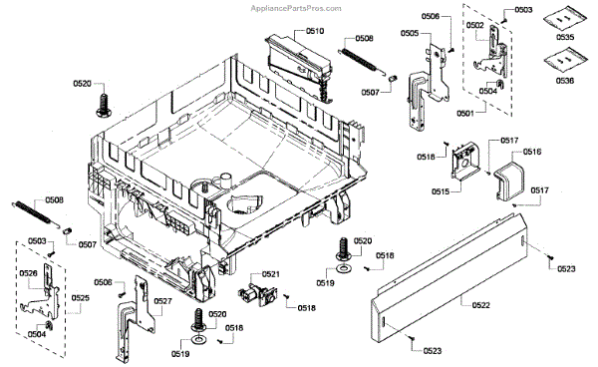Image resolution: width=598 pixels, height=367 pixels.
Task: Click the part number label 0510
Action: point(315,32)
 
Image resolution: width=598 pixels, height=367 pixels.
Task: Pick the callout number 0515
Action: point(440,190)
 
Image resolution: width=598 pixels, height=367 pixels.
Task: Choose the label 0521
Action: point(270,274)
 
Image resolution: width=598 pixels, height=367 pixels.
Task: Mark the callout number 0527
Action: point(162,301)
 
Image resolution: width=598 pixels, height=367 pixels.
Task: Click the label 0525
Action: point(80,299)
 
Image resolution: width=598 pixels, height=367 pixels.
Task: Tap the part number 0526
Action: point(30,273)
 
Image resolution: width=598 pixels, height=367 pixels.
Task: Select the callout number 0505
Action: point(409,33)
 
